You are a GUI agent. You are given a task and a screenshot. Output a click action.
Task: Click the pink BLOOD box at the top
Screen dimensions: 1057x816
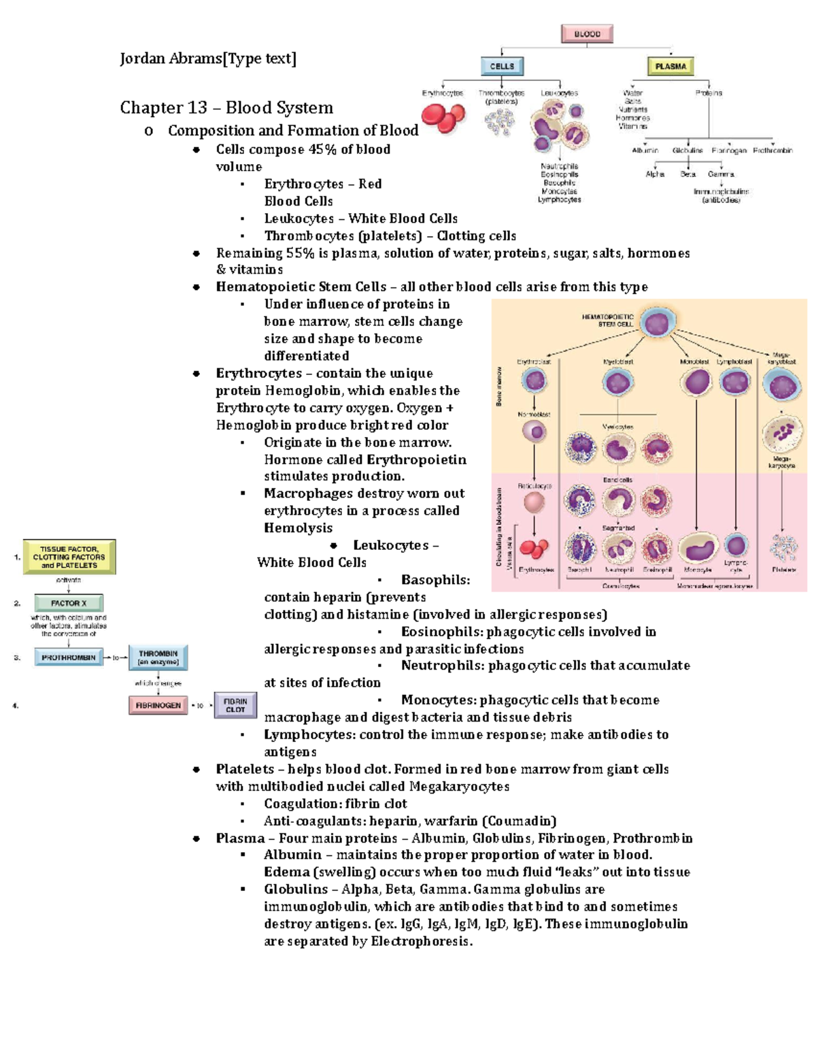587,34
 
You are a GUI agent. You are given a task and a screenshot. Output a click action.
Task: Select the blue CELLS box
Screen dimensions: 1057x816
502,66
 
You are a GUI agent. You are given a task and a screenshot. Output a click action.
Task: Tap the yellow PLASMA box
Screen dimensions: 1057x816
670,67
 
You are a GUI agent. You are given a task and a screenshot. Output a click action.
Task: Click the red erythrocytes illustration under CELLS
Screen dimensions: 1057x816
443,118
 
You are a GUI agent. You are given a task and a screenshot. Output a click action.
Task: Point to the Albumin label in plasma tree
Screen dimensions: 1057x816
645,150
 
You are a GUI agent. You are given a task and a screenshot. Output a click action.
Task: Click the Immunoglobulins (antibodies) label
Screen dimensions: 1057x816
721,196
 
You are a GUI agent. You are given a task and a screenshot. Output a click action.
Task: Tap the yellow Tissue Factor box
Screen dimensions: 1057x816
69,557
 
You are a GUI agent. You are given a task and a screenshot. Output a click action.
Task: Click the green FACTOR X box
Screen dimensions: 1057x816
69,603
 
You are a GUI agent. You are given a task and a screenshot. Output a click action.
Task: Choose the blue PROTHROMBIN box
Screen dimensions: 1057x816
69,657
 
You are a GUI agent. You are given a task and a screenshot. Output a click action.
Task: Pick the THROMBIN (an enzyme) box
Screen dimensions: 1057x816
158,657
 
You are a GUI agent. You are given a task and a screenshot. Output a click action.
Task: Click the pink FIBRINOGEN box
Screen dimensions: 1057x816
158,705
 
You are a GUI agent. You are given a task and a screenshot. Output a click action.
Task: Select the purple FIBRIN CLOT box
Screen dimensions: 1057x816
235,705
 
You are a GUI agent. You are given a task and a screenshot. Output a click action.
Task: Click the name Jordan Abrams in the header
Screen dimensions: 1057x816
171,59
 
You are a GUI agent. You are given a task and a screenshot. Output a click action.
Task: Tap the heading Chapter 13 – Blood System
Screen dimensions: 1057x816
226,108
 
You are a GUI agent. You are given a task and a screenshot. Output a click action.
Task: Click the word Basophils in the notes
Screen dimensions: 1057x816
435,580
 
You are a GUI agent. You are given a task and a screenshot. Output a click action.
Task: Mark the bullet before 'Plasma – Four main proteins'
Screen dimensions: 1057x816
197,839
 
